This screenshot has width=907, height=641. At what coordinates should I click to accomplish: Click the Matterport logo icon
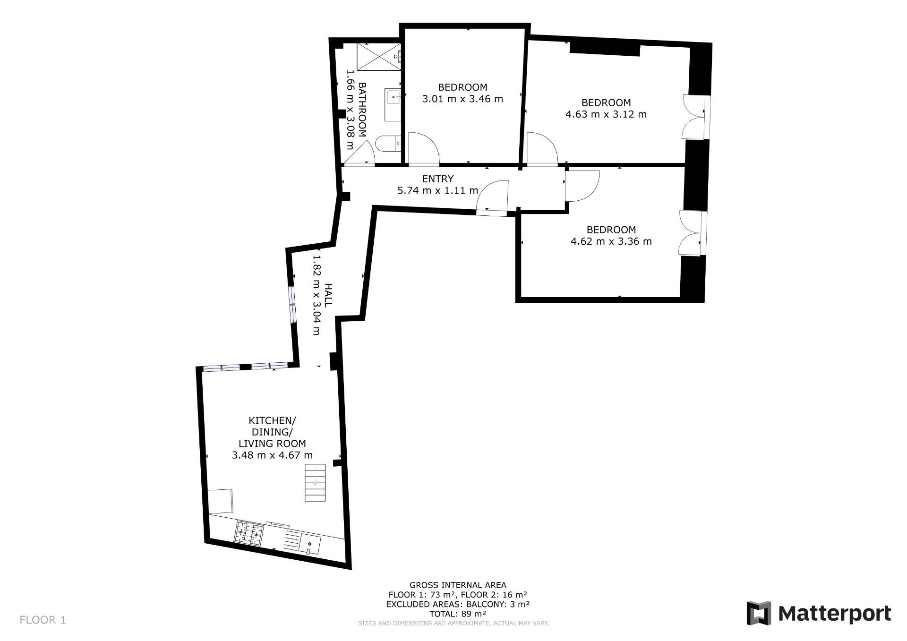(x=759, y=613)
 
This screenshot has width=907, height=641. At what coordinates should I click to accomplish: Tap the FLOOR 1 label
(x=43, y=620)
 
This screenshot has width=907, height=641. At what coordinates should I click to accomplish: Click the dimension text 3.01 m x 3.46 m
(x=462, y=99)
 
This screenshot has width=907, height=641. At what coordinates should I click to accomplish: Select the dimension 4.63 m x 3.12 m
(x=606, y=114)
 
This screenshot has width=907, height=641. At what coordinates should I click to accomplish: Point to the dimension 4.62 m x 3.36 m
(x=611, y=241)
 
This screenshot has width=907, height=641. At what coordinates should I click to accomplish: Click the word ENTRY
(x=438, y=179)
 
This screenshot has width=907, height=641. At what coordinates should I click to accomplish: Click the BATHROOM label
(x=362, y=110)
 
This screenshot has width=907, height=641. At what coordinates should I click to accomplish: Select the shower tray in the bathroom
(x=379, y=56)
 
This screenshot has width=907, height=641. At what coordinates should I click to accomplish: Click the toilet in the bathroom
(x=388, y=143)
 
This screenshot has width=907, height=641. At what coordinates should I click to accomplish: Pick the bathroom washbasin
(x=394, y=98)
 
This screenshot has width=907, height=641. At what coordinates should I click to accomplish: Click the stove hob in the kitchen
(x=249, y=533)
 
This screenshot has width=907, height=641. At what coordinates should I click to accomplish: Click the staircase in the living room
(x=315, y=482)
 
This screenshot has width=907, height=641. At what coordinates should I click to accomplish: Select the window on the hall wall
(x=292, y=305)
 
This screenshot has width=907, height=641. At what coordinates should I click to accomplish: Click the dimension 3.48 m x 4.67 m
(x=273, y=455)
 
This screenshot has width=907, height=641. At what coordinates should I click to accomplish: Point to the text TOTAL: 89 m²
(x=458, y=614)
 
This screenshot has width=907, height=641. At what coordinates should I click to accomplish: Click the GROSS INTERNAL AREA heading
(x=458, y=585)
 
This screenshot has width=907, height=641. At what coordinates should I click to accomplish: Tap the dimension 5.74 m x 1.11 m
(x=438, y=190)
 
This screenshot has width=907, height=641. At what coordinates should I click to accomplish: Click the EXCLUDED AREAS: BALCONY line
(x=458, y=604)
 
